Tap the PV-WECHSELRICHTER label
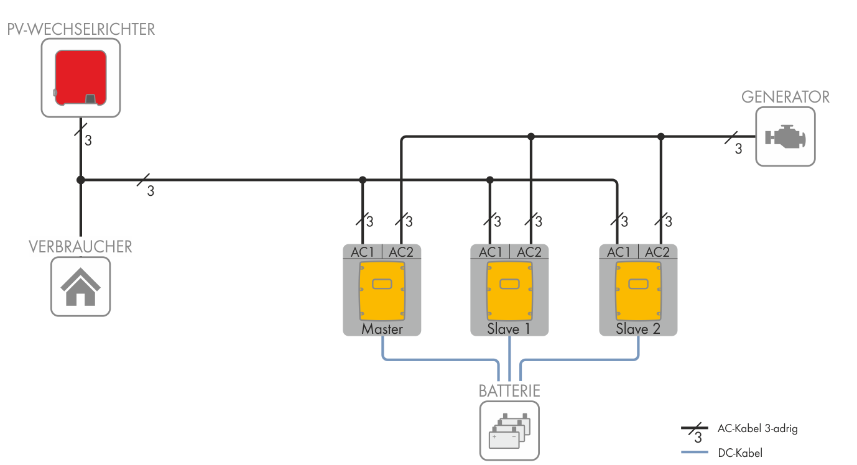pos(81,29)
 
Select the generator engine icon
pos(785,137)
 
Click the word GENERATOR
pos(785,97)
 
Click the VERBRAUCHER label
pos(80,247)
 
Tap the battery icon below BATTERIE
pos(509,430)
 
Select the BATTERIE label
pos(509,391)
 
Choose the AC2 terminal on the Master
pos(401,252)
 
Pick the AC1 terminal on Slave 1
pos(490,252)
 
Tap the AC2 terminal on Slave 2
pos(657,252)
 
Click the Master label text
pos(382,329)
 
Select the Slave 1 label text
pos(509,329)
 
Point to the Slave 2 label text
pos(638,329)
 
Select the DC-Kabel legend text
pos(739,453)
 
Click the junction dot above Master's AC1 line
pos(363,180)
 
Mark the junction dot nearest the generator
pos(661,136)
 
